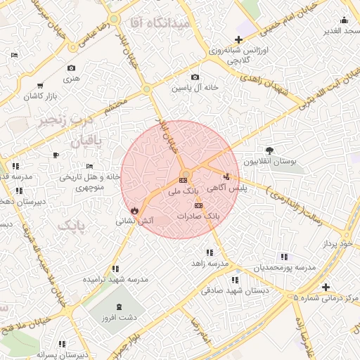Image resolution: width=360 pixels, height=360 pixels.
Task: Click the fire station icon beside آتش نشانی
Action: point(134,210)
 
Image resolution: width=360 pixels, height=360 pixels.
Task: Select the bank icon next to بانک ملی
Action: point(184,180)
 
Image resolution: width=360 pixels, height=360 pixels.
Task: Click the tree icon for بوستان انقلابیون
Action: point(269,150)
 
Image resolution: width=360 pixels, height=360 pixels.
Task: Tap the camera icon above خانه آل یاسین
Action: point(195,77)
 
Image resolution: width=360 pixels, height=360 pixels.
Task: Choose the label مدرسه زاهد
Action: point(209,263)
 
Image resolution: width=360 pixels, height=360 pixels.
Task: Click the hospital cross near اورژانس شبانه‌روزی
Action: point(239,39)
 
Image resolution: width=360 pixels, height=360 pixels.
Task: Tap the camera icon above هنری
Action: point(71,68)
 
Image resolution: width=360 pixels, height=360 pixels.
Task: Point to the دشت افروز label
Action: point(118,316)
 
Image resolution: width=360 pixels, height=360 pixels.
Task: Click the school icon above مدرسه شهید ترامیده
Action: point(115,269)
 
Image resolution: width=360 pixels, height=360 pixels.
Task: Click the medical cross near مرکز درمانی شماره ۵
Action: point(326,287)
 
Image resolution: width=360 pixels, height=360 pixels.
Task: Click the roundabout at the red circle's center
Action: point(186,174)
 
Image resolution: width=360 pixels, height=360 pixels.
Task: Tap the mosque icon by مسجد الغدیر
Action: point(344,20)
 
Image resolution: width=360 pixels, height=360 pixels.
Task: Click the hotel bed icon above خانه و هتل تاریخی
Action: point(88,167)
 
